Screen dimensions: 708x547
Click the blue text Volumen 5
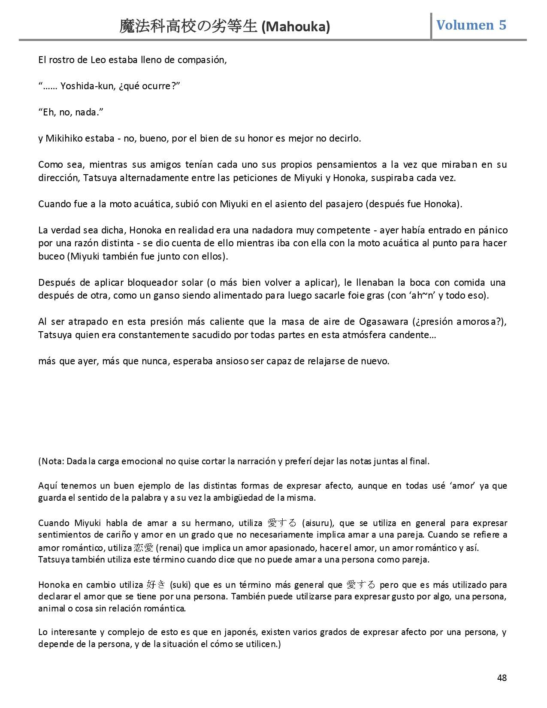(471, 25)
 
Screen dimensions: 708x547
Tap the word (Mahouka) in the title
(296, 27)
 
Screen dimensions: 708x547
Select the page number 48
(502, 678)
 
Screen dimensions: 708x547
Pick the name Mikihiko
(65, 138)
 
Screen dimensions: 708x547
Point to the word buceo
(51, 256)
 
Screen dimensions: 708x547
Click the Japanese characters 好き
(156, 584)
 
